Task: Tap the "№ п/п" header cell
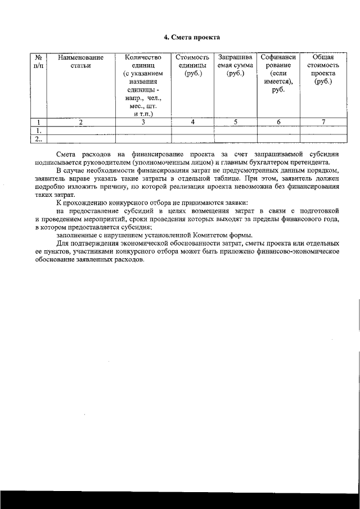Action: point(38,61)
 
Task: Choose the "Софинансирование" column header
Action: point(278,73)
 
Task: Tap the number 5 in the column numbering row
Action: point(235,122)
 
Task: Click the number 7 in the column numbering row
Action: point(323,122)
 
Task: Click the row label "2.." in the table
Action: point(38,138)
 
